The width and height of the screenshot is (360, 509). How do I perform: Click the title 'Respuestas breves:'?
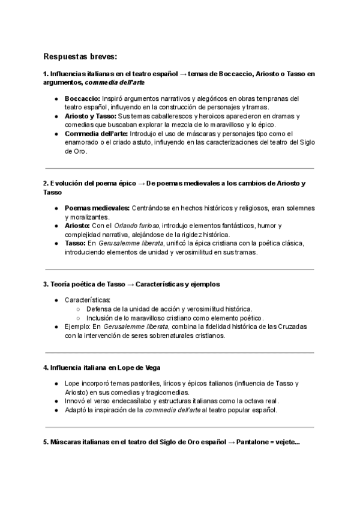click(x=80, y=56)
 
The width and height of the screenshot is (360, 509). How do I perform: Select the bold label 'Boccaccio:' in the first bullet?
click(x=82, y=98)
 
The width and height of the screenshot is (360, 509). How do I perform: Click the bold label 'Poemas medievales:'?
click(x=97, y=208)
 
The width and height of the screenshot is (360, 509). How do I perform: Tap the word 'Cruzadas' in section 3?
click(x=290, y=327)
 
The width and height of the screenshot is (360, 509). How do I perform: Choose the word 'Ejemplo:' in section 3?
click(x=78, y=327)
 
